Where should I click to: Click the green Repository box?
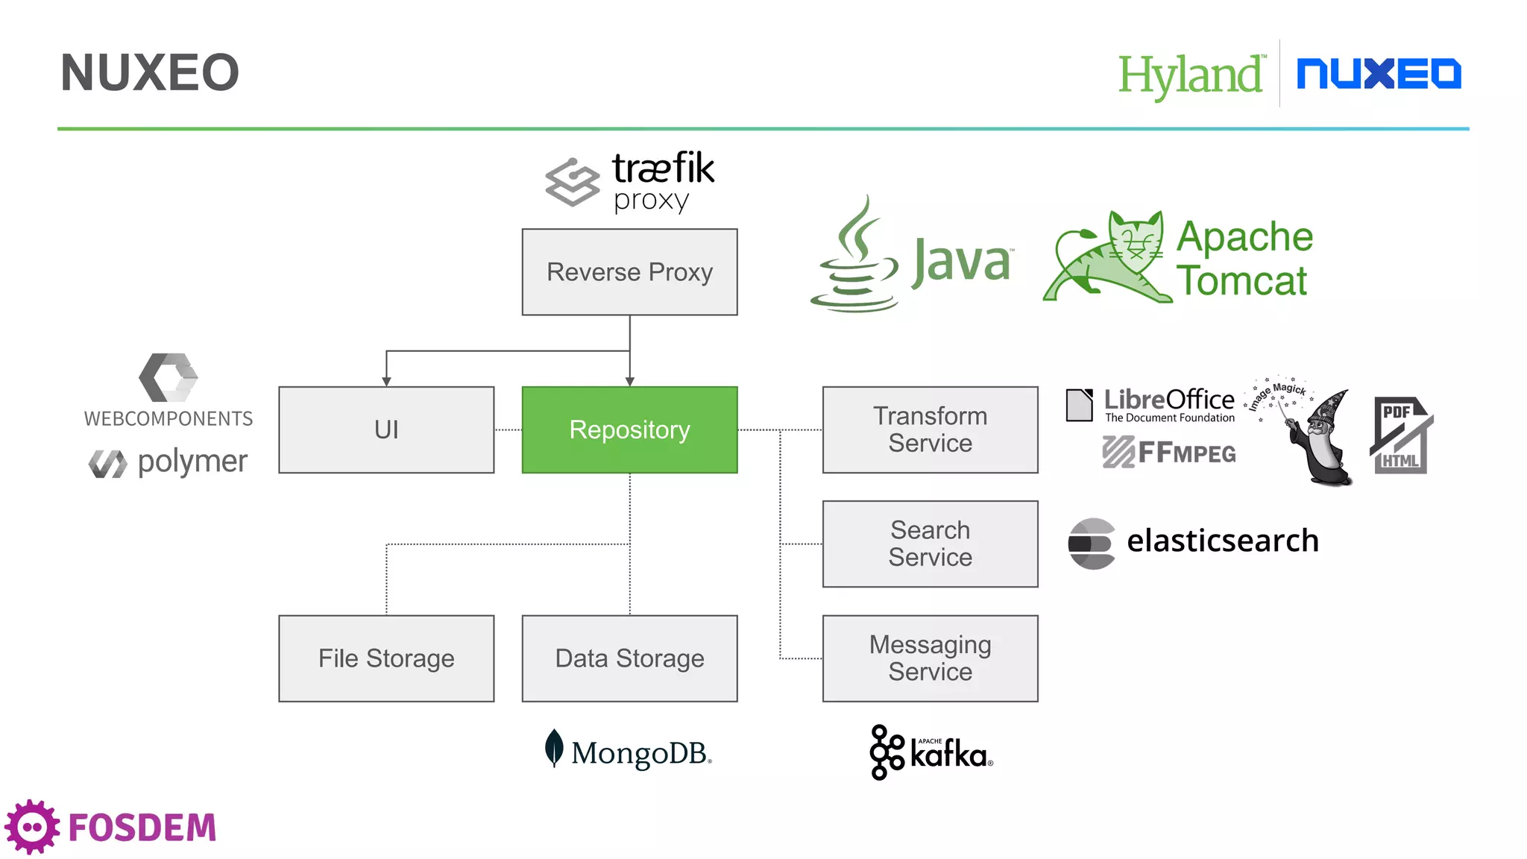coord(629,429)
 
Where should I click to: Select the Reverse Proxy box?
coord(629,272)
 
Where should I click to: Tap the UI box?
coord(386,429)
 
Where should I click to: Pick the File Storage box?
coord(386,658)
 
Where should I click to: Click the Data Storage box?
coord(629,658)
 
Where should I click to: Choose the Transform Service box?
coord(930,429)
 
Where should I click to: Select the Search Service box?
coord(930,544)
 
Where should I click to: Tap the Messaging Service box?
coord(930,658)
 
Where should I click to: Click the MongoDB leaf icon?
coord(553,748)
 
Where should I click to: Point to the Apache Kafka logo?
coord(931,752)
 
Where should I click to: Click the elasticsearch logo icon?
coord(1091,544)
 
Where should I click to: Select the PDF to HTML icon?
coord(1401,436)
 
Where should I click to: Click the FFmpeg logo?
coord(1168,453)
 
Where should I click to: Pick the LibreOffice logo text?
coord(1168,400)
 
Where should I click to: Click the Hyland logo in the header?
coord(1191,75)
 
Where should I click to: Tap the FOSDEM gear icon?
coord(32,827)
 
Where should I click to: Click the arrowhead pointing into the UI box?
coord(386,381)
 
